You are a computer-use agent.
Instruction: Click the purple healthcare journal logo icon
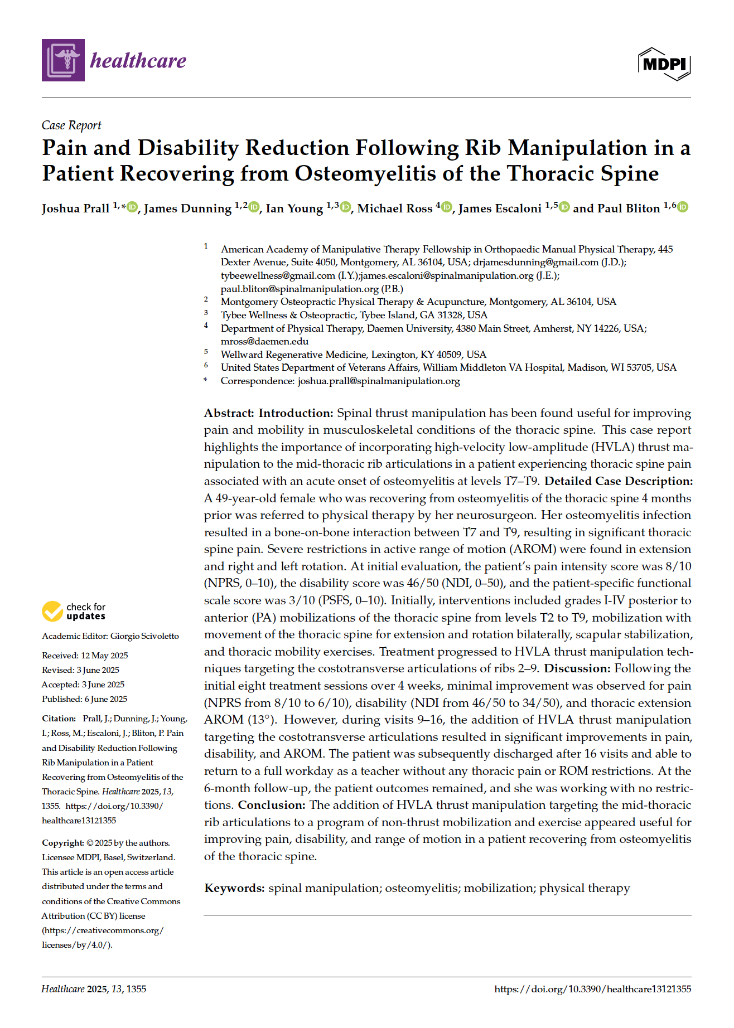(x=63, y=60)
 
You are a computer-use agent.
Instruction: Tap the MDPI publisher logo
(x=664, y=64)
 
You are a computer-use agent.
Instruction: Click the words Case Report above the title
(x=71, y=125)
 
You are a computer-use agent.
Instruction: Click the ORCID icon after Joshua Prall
(x=132, y=207)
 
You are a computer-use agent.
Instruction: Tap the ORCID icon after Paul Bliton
(x=683, y=207)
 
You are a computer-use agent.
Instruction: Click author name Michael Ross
(x=394, y=208)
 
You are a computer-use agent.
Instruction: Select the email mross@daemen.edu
(x=264, y=341)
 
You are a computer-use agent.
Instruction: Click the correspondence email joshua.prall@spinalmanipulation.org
(x=379, y=381)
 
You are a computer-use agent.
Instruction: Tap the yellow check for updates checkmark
(x=52, y=611)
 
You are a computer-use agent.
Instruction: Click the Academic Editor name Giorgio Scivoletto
(x=144, y=636)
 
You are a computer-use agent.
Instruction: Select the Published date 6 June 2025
(x=105, y=699)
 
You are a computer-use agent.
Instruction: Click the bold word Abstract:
(x=229, y=413)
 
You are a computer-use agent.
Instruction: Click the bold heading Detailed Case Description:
(x=619, y=481)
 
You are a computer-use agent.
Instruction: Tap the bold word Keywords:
(x=234, y=888)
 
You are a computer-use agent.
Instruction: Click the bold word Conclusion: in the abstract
(x=272, y=805)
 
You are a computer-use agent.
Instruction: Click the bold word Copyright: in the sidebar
(x=62, y=843)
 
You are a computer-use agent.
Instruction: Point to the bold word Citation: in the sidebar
(x=59, y=719)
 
